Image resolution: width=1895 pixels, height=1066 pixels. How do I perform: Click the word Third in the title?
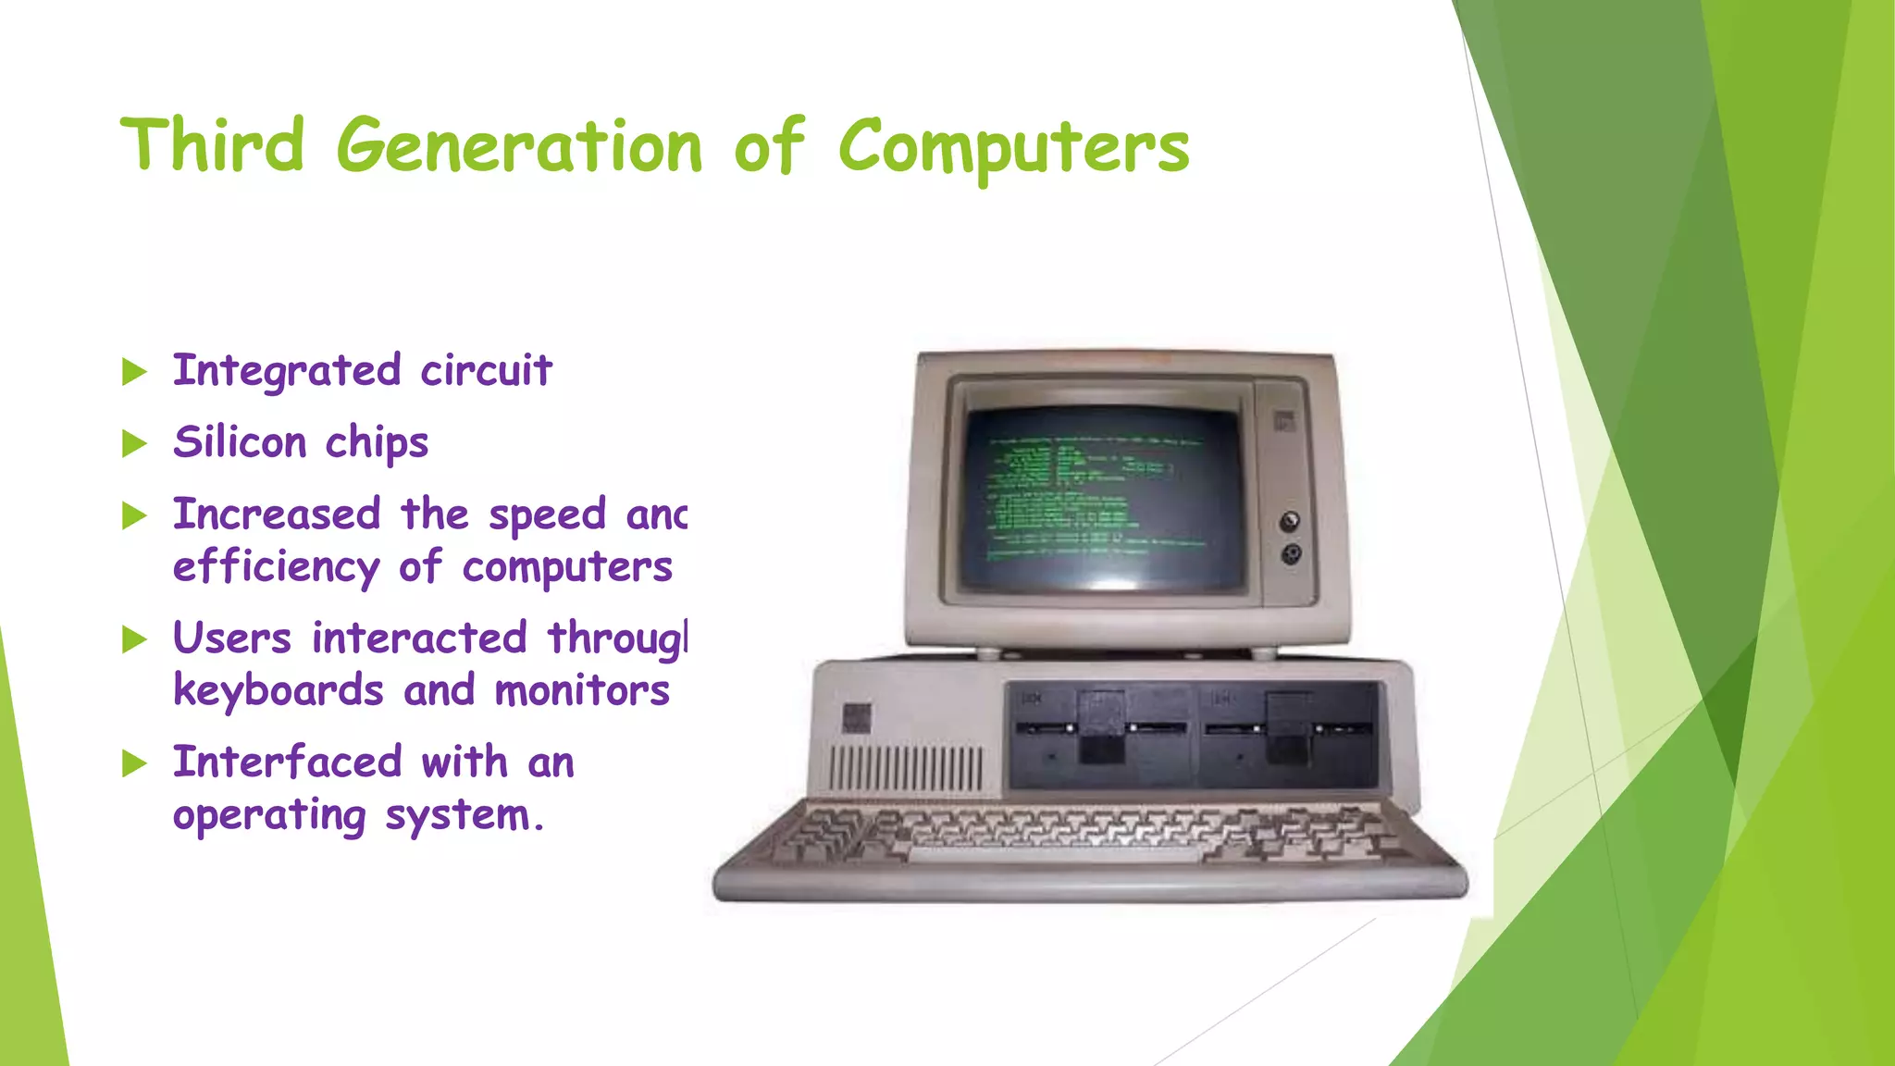coord(212,146)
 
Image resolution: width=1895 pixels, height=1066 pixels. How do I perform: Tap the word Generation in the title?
coord(519,148)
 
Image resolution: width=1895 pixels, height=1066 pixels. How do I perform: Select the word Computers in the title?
coord(1013,148)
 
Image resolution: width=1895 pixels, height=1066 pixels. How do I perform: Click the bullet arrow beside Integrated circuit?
coord(135,372)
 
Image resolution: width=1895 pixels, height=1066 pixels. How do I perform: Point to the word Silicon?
coord(240,441)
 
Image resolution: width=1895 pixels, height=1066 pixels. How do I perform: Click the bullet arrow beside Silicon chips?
coord(135,444)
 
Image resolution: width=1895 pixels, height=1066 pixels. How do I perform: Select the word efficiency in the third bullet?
coord(276,567)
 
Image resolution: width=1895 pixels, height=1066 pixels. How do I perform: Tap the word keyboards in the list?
coord(278,690)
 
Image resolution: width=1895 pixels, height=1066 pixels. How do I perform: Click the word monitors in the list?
coord(582,691)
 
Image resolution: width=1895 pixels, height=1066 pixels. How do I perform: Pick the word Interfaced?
coord(287,762)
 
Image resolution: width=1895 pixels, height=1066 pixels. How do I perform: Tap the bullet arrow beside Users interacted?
coord(135,639)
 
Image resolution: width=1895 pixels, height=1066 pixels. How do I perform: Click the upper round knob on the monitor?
coord(1289,521)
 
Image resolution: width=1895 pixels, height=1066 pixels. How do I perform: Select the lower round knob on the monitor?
coord(1291,554)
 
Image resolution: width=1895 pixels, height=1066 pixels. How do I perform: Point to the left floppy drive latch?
coord(1101,727)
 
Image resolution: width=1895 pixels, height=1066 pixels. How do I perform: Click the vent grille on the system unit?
coord(906,767)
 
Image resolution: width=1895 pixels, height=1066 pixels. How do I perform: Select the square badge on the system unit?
coord(857,718)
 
